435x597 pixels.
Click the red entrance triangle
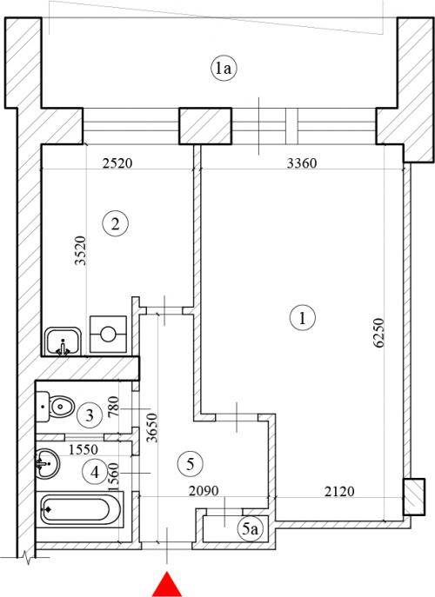[x=166, y=585]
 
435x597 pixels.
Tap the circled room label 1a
[x=224, y=69]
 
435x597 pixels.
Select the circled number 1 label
[x=303, y=317]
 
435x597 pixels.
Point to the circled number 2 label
[x=116, y=223]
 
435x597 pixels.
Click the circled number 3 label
[x=90, y=415]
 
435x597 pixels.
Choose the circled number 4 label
[x=95, y=472]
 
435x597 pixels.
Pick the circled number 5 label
[x=191, y=464]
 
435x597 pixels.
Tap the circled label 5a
[x=250, y=528]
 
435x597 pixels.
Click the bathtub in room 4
[x=80, y=509]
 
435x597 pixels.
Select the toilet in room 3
[x=55, y=407]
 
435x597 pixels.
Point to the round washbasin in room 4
[x=47, y=463]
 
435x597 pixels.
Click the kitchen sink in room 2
[x=63, y=341]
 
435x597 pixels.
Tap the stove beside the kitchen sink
[x=108, y=335]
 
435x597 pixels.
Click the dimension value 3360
[x=302, y=163]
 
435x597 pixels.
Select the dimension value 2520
[x=117, y=163]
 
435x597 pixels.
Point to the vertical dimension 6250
[x=379, y=333]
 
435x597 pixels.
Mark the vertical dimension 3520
[x=80, y=250]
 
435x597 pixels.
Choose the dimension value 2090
[x=204, y=491]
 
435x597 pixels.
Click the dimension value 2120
[x=339, y=491]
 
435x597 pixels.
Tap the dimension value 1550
[x=84, y=449]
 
